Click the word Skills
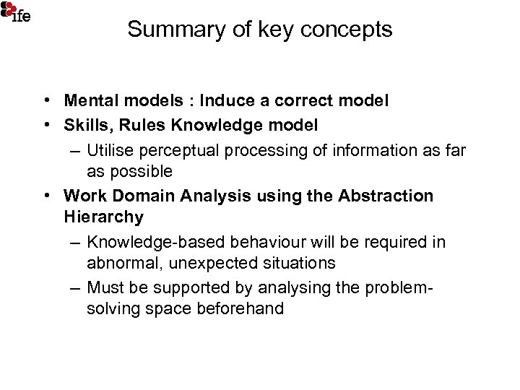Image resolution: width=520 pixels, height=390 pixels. [86, 126]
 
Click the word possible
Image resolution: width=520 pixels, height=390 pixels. [139, 172]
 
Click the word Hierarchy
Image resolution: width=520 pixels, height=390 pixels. [103, 217]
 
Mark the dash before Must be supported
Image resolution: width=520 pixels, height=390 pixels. [75, 287]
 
